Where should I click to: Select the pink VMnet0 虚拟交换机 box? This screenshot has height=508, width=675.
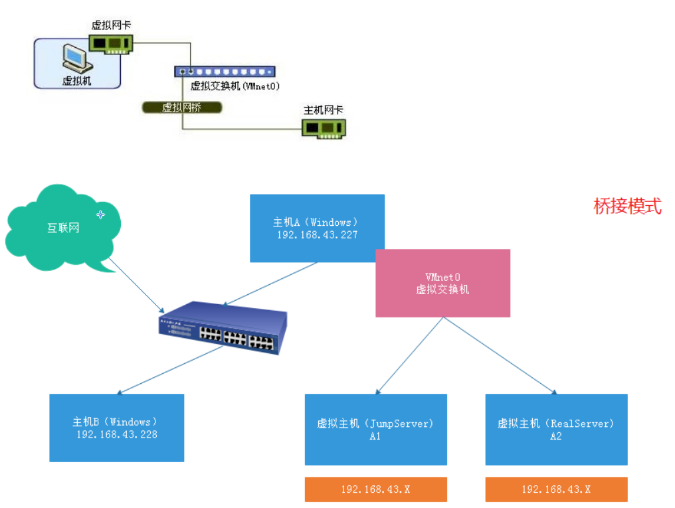442,283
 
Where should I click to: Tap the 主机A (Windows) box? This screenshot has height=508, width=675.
318,228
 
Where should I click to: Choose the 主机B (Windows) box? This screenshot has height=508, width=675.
117,428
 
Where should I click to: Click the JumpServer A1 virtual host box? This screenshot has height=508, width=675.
376,429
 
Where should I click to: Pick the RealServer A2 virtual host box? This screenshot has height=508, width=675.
556,429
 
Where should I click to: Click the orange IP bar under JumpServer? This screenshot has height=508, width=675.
376,489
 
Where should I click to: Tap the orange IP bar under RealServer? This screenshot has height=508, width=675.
556,489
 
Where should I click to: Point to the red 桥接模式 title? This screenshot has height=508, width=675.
627,206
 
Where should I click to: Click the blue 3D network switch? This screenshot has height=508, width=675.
223,328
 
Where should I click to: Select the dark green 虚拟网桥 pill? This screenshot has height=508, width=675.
182,108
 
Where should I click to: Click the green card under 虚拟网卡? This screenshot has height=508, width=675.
111,44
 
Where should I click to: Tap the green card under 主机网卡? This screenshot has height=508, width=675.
324,129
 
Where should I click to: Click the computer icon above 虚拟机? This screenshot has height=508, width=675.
77,58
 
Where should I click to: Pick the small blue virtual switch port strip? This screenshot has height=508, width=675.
225,72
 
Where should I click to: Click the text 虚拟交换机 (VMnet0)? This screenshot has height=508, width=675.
235,86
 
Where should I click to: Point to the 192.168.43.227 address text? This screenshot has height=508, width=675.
318,235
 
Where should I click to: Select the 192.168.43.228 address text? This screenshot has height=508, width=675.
117,434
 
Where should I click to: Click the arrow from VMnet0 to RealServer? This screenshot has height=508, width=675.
500,355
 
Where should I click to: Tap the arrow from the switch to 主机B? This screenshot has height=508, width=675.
170,370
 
